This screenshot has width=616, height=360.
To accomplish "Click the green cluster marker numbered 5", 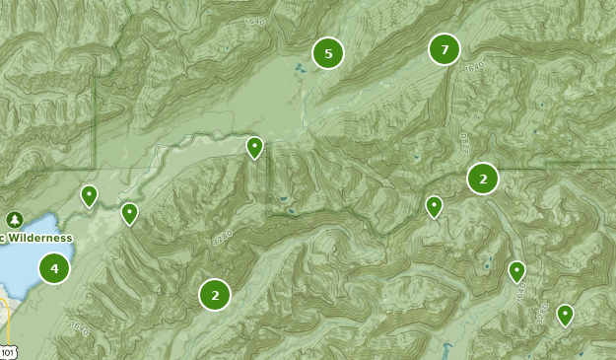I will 328,53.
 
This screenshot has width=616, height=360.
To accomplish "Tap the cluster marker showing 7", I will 445,49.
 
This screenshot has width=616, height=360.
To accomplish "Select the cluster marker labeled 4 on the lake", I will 54,268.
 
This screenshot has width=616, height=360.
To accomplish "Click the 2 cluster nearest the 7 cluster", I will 483,179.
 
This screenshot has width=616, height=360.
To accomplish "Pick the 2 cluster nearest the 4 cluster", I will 214,294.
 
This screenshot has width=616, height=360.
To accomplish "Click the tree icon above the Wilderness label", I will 14,219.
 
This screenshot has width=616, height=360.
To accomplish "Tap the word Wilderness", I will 39,238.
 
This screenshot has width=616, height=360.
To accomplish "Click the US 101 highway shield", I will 8,351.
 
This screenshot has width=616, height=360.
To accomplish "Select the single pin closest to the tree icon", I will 89,195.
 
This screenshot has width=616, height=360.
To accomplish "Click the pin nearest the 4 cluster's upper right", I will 129,212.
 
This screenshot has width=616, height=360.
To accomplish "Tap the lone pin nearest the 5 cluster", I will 254,147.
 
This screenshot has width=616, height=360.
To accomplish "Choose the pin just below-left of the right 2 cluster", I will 434,205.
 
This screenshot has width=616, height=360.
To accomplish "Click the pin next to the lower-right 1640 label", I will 516,270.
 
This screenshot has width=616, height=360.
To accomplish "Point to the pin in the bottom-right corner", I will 565,314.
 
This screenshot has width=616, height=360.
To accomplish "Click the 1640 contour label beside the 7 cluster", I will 475,66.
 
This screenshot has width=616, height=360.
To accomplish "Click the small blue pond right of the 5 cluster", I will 299,68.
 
